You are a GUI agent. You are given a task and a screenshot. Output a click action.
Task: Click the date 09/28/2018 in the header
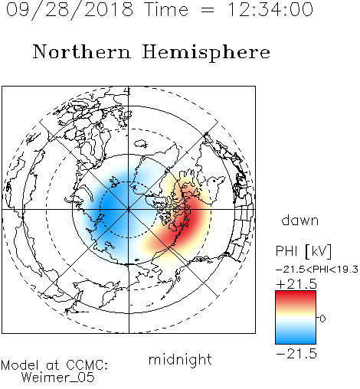click(70, 10)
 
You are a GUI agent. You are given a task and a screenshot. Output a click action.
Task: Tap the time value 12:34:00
click(270, 9)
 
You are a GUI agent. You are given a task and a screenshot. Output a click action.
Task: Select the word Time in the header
click(166, 9)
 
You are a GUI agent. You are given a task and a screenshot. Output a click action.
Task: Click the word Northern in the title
click(82, 51)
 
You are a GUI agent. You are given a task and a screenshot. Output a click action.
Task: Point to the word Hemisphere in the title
click(206, 52)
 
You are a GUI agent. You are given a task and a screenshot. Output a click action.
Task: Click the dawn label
click(300, 220)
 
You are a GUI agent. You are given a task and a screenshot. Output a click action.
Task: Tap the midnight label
click(180, 359)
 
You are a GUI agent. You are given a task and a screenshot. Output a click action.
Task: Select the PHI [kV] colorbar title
click(303, 251)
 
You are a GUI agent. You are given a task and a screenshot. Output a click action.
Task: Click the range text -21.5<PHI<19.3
click(317, 270)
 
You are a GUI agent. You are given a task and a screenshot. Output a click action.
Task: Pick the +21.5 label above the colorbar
click(296, 284)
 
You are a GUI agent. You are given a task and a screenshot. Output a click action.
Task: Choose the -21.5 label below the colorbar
click(296, 354)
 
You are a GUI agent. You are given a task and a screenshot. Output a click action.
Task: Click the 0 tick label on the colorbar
click(322, 319)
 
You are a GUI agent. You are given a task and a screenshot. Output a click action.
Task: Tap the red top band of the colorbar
click(296, 296)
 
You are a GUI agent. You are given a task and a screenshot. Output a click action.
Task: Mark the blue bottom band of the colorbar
click(296, 338)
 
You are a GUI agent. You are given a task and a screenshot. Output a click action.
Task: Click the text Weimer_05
click(58, 378)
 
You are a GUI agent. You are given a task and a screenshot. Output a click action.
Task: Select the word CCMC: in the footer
click(87, 365)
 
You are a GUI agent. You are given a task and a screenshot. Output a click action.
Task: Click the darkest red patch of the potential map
click(188, 223)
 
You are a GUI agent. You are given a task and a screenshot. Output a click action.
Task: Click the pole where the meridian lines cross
click(129, 210)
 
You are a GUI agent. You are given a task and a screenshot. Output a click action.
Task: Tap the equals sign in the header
click(208, 10)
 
